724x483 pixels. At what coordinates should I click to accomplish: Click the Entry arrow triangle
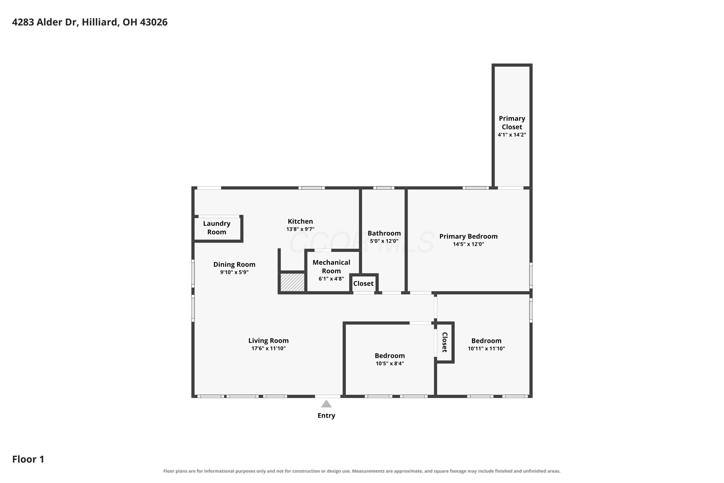326,404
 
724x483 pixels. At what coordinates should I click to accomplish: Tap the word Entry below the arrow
326,416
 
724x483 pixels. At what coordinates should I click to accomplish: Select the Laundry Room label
217,228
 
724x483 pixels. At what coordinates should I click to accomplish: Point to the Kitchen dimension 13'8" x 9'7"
300,229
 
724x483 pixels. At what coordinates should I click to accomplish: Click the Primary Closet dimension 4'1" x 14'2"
512,135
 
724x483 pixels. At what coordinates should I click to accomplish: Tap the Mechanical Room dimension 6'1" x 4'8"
331,279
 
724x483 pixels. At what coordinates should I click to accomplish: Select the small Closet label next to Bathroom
363,283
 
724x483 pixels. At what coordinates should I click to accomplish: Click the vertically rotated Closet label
445,342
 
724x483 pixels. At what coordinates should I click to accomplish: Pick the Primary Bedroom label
468,236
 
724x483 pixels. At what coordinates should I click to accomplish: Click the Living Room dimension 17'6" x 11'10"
268,348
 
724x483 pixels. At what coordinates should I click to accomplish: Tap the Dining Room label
234,264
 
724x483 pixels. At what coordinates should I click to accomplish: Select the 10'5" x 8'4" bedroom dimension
390,363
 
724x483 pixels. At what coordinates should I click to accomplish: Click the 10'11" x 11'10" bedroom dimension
486,348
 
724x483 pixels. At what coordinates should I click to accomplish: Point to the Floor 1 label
28,459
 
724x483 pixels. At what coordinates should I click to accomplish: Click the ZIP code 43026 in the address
153,22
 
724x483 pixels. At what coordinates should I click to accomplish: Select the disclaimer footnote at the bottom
362,471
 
